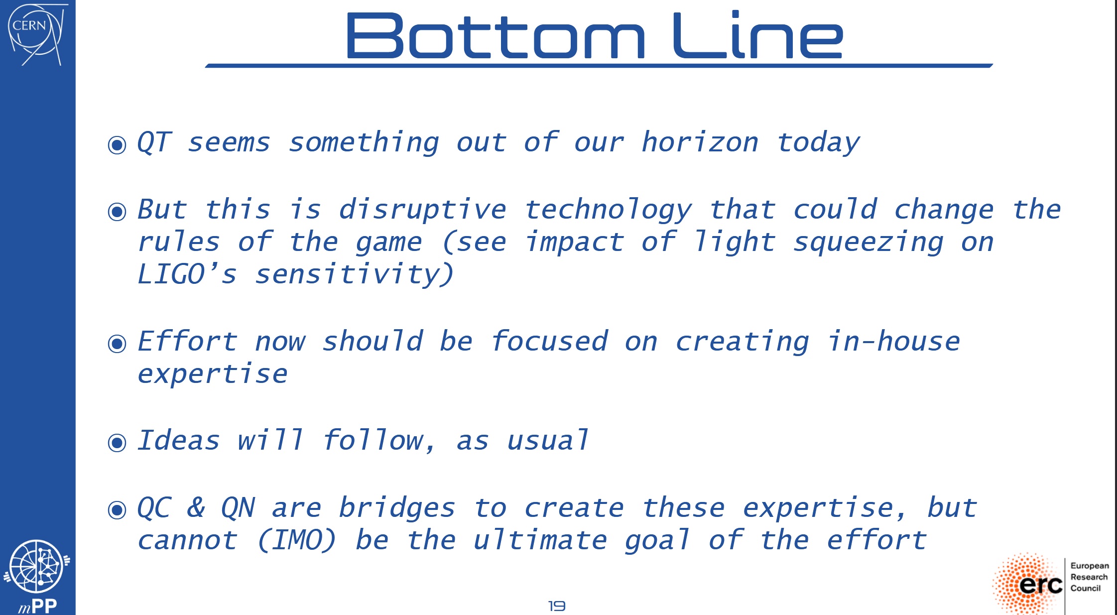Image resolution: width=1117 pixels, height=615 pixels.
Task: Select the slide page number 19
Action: click(x=557, y=606)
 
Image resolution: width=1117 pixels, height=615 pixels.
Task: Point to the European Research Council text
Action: click(x=1090, y=577)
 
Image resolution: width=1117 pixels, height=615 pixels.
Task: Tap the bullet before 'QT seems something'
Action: click(x=117, y=145)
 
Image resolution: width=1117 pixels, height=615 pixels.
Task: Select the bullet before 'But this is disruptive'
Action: click(x=117, y=212)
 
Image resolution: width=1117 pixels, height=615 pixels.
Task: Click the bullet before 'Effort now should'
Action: click(x=117, y=344)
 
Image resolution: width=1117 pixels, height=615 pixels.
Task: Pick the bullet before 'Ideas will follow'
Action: click(x=117, y=443)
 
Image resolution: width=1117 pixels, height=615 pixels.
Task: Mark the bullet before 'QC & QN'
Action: click(x=117, y=509)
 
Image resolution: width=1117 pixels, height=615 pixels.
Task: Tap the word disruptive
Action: click(x=422, y=210)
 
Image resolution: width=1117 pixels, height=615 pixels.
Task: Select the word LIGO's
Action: click(x=187, y=274)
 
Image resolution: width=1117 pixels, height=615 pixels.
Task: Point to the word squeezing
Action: click(x=868, y=243)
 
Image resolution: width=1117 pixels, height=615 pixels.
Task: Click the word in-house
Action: click(x=893, y=341)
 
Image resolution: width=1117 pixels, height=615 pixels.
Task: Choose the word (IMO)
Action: click(x=297, y=540)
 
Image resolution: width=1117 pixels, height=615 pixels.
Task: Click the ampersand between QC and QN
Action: click(x=196, y=507)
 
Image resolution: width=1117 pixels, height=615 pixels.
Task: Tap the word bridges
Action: click(x=397, y=508)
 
